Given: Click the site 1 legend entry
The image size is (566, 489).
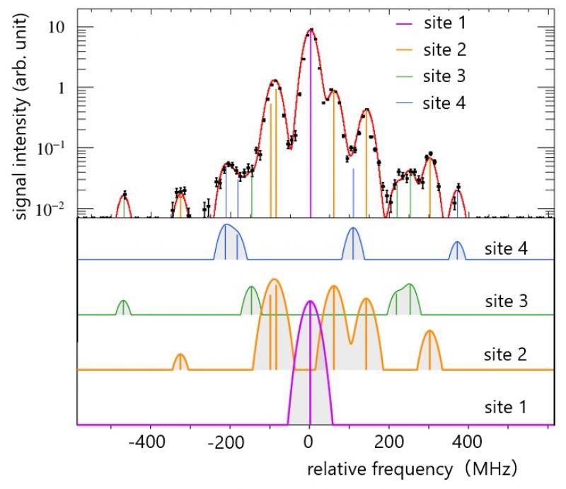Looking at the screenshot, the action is pyautogui.click(x=431, y=23).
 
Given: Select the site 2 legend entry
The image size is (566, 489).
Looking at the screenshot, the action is pyautogui.click(x=431, y=50).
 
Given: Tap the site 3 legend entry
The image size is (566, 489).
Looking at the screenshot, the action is pyautogui.click(x=431, y=76).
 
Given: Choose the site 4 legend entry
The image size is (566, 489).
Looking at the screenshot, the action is pyautogui.click(x=431, y=103).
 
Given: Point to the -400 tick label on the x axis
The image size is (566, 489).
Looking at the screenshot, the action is pyautogui.click(x=147, y=442).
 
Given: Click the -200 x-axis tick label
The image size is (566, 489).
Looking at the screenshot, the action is pyautogui.click(x=226, y=442).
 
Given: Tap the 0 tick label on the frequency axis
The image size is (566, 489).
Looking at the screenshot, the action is pyautogui.click(x=308, y=442).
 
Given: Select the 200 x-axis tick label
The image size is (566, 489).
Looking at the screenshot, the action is pyautogui.click(x=388, y=442).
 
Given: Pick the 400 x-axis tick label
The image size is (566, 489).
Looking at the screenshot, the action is pyautogui.click(x=468, y=442).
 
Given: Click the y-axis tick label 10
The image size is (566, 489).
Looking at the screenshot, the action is pyautogui.click(x=57, y=27).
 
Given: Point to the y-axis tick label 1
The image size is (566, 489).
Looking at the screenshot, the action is pyautogui.click(x=62, y=88).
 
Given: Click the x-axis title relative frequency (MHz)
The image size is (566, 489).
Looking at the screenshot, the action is pyautogui.click(x=412, y=469).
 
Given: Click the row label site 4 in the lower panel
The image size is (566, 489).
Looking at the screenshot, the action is pyautogui.click(x=506, y=249).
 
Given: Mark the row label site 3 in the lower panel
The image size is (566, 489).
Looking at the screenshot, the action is pyautogui.click(x=506, y=301).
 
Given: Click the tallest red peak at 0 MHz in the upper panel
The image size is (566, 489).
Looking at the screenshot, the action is pyautogui.click(x=311, y=30).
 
